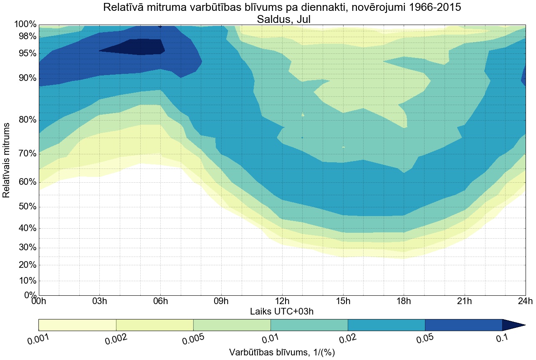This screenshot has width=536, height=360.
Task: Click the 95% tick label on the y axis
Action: [x=25, y=53]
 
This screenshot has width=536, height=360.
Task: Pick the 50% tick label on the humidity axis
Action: [x=25, y=207]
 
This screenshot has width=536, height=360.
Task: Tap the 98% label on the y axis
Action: [x=25, y=36]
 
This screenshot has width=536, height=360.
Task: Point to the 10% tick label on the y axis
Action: [x=25, y=281]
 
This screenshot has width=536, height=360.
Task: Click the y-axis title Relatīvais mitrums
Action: [x=7, y=160]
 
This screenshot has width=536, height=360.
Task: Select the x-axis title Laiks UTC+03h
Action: [x=282, y=311]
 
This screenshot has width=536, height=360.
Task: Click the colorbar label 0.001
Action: [x=38, y=339]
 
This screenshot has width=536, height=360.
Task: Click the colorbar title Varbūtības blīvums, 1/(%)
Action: [x=282, y=352]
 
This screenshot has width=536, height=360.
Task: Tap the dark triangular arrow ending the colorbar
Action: [x=512, y=325]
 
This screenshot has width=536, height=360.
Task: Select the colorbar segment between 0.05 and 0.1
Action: [x=463, y=325]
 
